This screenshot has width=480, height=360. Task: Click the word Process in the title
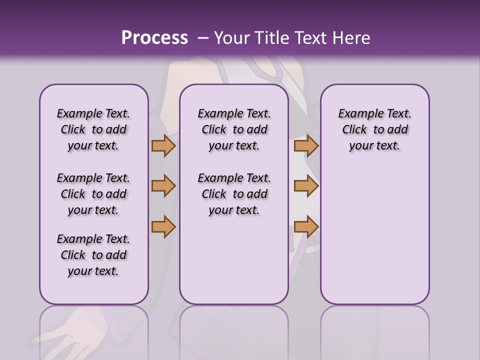[x=154, y=38]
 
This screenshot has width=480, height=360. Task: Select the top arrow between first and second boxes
[x=163, y=146]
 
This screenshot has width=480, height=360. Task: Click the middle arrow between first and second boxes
[x=163, y=186]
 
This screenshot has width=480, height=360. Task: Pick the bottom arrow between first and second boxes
[x=163, y=226]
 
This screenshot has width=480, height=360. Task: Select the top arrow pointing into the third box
[x=306, y=146]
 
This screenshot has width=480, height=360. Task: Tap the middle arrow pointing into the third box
[x=306, y=186]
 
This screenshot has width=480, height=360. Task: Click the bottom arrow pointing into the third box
[x=306, y=226]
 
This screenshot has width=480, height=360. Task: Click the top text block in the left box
[x=93, y=129]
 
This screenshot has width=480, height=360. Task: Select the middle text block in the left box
[x=93, y=194]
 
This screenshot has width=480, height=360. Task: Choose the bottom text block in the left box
[x=93, y=255]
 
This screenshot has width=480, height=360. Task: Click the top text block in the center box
[x=234, y=129]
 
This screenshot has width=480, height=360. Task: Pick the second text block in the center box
[x=234, y=194]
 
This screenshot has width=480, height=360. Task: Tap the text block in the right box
[x=375, y=129]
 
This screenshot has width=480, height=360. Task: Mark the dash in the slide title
[x=203, y=38]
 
